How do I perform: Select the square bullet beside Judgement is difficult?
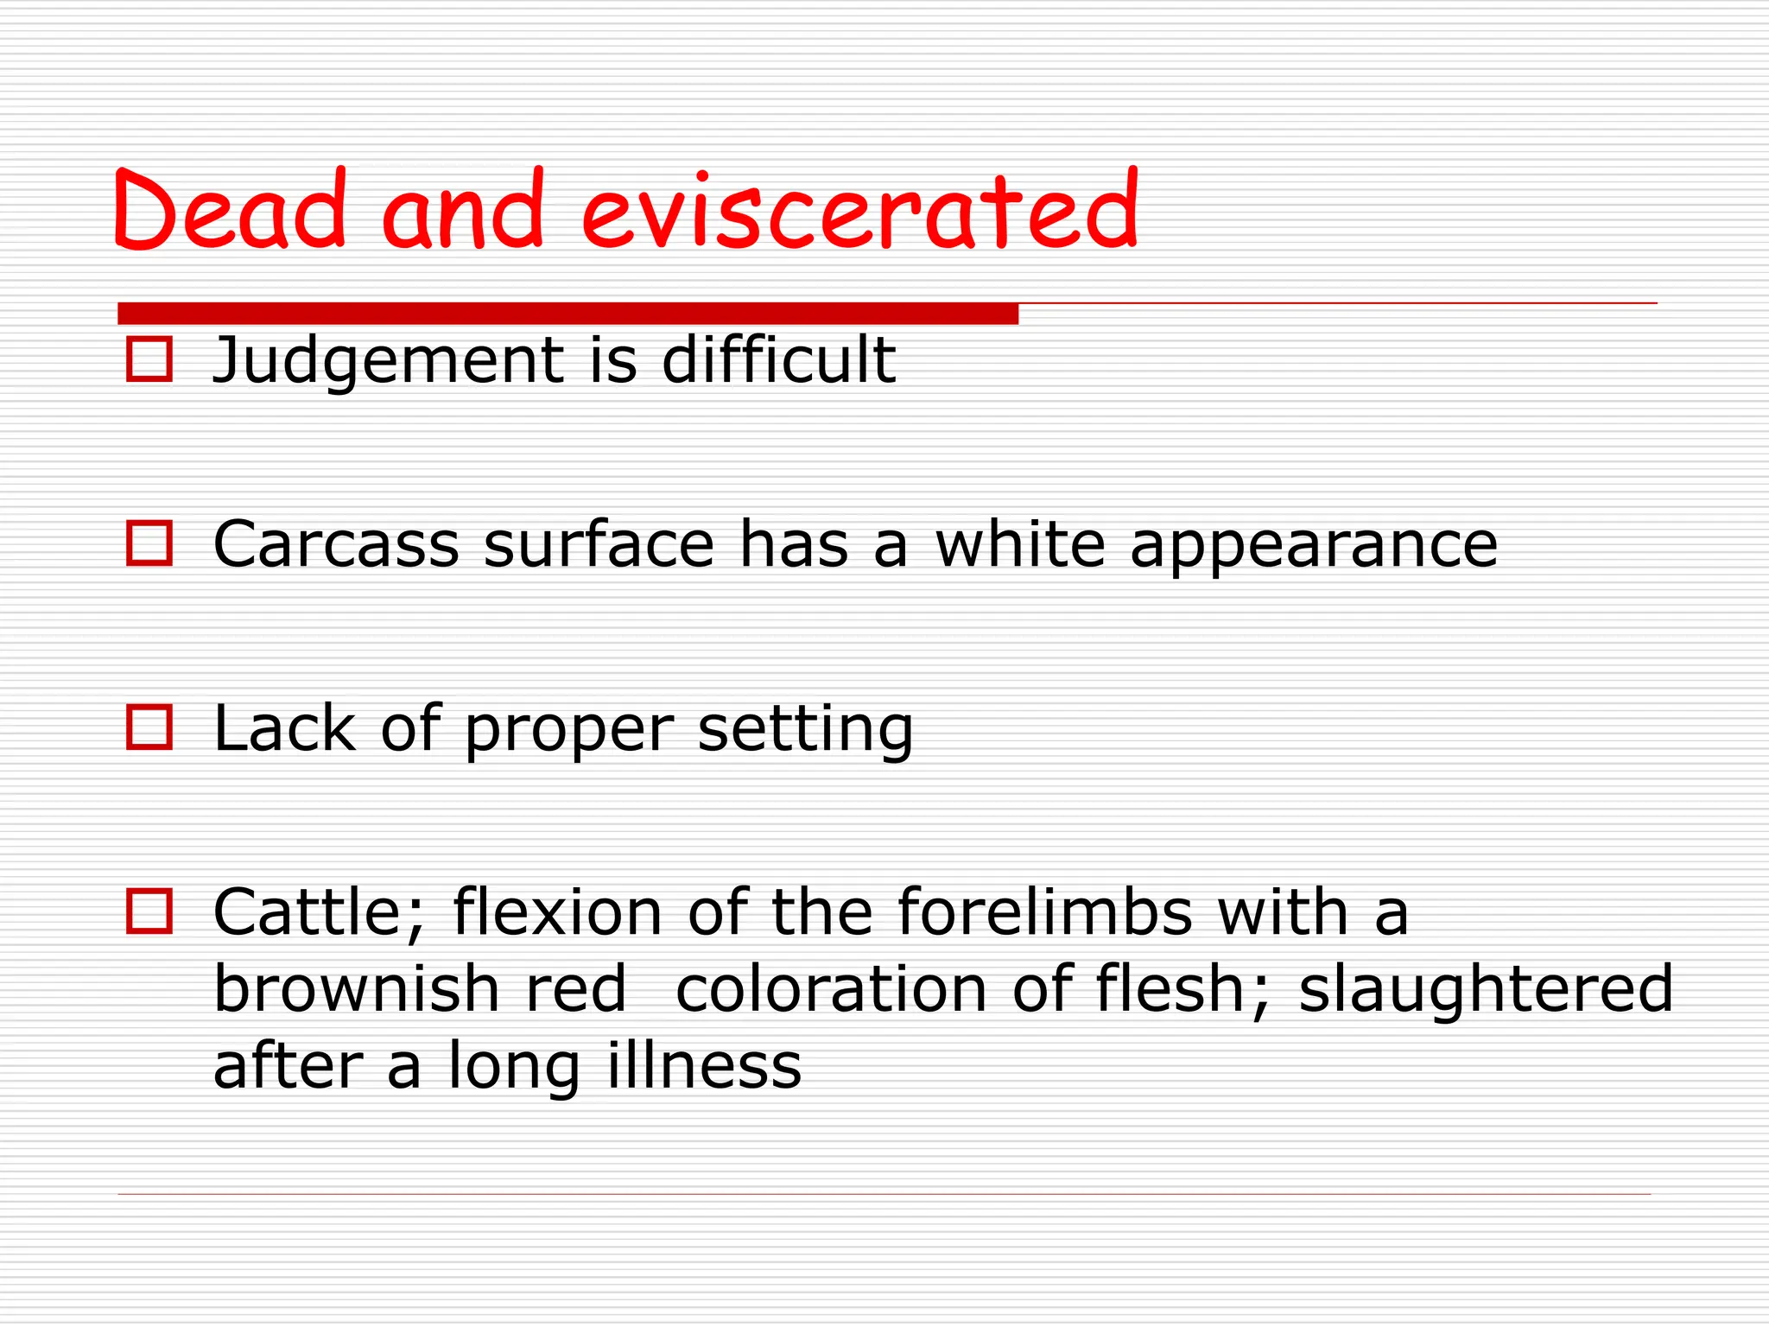point(149,359)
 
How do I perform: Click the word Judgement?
point(387,361)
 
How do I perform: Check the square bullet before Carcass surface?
point(149,543)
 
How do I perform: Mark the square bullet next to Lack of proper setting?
point(149,727)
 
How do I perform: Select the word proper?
point(568,731)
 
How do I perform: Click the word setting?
point(805,731)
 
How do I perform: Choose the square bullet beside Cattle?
point(149,911)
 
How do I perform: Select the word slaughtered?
point(1486,990)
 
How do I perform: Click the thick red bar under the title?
point(567,313)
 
